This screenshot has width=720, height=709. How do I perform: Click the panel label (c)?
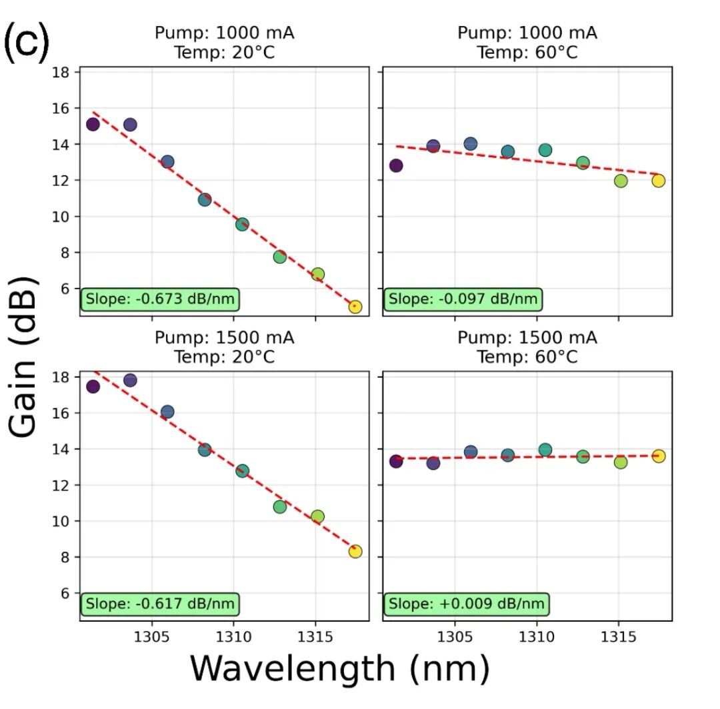(27, 42)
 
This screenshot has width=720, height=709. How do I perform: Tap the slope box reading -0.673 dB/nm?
(159, 299)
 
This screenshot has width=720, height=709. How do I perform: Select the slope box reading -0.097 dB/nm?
(462, 299)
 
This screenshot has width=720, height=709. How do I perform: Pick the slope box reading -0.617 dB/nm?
(159, 604)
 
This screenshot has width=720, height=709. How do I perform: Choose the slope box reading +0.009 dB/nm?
(465, 604)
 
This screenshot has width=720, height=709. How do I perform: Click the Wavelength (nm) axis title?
(339, 668)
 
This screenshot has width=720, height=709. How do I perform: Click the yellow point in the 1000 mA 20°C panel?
(355, 307)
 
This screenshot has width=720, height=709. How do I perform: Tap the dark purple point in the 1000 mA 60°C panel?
(396, 165)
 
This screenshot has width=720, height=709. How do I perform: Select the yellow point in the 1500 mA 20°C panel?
(355, 551)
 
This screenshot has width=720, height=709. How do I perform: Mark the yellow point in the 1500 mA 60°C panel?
(659, 456)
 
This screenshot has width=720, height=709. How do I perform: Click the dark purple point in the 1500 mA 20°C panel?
(93, 386)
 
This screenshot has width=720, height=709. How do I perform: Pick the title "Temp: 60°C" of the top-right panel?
(527, 52)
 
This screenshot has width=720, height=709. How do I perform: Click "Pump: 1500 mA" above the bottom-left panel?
(224, 338)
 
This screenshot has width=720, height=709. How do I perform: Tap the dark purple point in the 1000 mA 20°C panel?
(93, 125)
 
